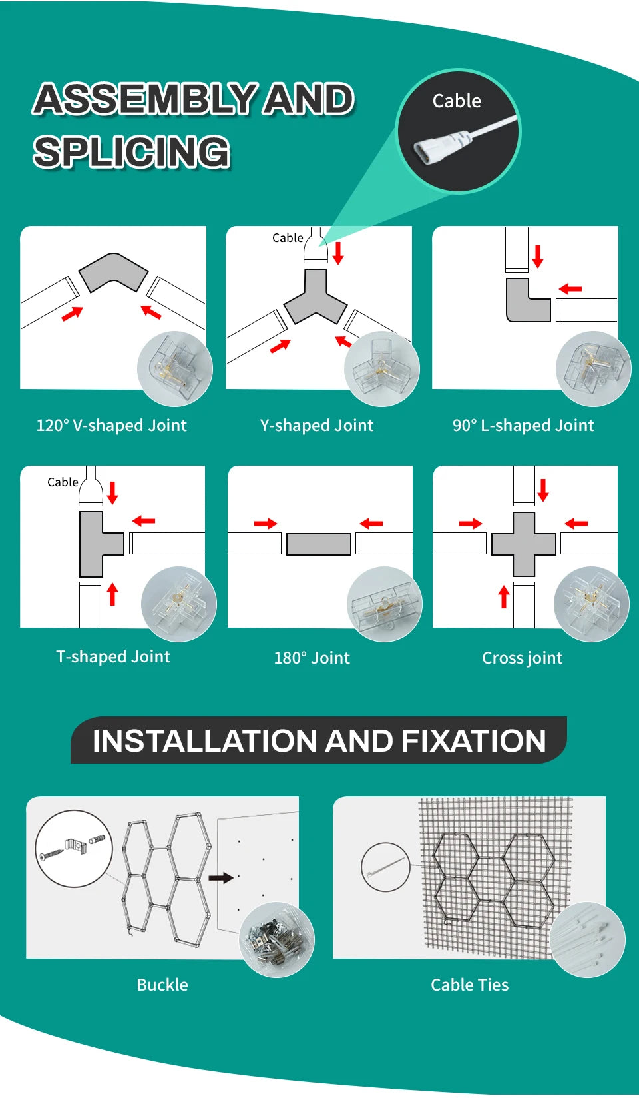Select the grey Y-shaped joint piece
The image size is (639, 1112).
(316, 297)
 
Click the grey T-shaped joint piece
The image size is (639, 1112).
(97, 544)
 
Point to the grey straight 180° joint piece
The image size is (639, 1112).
(319, 544)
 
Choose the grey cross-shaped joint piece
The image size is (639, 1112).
(524, 544)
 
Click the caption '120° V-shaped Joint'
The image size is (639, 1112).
(112, 426)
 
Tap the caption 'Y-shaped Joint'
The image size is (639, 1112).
(317, 426)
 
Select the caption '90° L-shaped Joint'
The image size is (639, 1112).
(523, 426)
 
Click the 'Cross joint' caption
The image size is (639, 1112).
(523, 658)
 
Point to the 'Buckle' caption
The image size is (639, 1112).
(162, 985)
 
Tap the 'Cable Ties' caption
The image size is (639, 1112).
(470, 985)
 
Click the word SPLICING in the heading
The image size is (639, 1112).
(132, 151)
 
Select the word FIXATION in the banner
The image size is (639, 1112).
(474, 741)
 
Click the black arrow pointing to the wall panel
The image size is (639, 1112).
(221, 877)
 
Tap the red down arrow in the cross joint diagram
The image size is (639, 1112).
(543, 490)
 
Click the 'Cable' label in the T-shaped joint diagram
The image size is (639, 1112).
(63, 482)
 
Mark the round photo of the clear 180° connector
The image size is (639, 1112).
(385, 604)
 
